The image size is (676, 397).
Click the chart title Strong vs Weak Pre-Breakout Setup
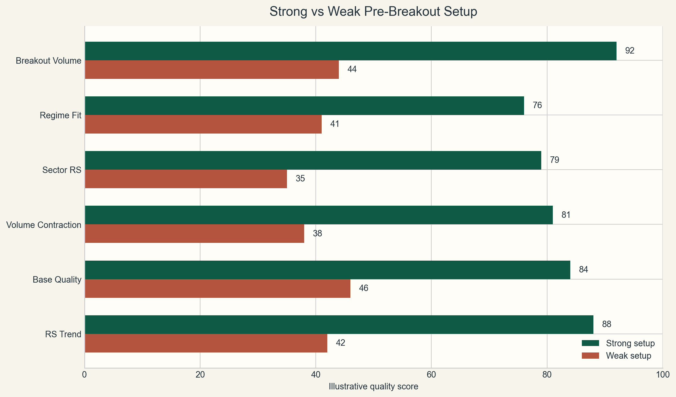tap(373, 12)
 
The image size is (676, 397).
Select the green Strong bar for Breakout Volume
tap(350, 51)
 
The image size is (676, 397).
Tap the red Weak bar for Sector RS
tap(186, 179)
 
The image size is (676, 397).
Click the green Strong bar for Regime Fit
tap(304, 106)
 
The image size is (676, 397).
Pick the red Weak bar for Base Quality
tap(217, 289)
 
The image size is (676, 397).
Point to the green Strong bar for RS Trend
tap(339, 325)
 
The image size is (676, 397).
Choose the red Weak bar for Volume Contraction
tap(194, 234)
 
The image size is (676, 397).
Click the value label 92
tap(629, 51)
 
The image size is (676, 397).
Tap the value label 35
tap(300, 179)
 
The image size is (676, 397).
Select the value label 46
tap(363, 288)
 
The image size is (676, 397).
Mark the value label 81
tap(566, 215)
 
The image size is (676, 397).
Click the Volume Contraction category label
tap(44, 225)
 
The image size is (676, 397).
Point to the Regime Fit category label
tap(60, 116)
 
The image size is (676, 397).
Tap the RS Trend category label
tap(63, 334)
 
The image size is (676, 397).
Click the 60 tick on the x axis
tap(431, 375)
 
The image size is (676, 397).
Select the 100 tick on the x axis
tap(662, 375)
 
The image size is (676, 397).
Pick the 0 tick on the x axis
tap(84, 375)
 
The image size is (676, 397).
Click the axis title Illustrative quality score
tap(373, 387)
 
